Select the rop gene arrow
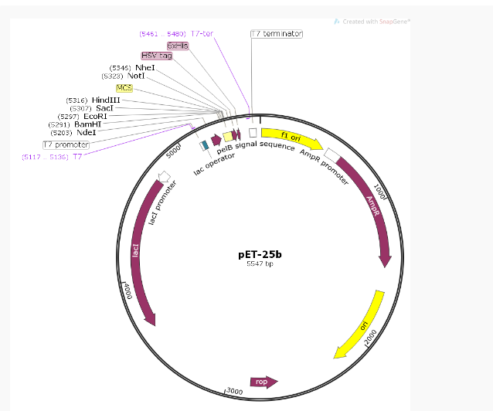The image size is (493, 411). click(263, 382)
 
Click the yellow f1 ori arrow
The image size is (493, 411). click(291, 139)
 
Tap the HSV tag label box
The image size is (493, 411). click(157, 56)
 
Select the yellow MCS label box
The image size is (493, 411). click(124, 88)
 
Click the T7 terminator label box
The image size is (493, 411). click(277, 34)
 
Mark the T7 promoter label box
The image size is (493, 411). click(66, 144)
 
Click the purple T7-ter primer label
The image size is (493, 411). click(202, 34)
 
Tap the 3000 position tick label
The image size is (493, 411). click(235, 392)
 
